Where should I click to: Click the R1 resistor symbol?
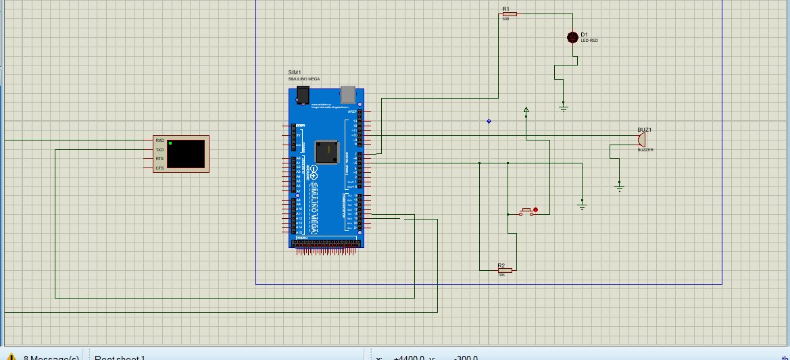pos(509,14)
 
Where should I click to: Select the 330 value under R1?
pos(505,19)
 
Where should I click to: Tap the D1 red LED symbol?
pos(572,38)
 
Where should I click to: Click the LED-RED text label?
pos(589,41)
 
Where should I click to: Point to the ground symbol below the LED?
pos(564,107)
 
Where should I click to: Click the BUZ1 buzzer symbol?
pos(640,139)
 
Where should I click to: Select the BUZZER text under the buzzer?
pos(645,150)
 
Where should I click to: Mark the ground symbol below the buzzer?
pos(619,187)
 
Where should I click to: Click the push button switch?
pos(528,212)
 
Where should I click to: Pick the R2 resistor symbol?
pos(505,270)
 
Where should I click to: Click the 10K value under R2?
pos(501,276)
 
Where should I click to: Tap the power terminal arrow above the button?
pos(526,109)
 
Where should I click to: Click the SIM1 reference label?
pos(294,72)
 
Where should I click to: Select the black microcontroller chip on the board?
pos(327,151)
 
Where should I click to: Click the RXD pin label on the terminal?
pos(159,140)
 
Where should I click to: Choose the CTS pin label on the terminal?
pos(159,168)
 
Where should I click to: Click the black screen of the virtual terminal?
pos(186,154)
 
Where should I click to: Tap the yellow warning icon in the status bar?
pos(11,357)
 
